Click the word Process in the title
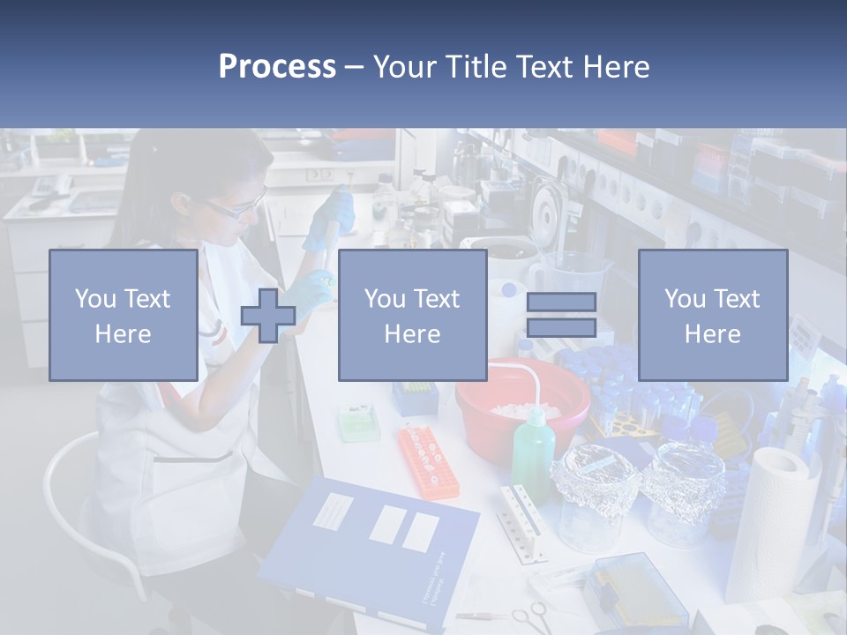tap(277, 66)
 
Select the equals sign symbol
tap(561, 315)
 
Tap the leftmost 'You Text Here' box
tap(124, 315)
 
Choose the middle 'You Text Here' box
tap(412, 315)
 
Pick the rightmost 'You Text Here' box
tap(712, 315)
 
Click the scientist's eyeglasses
tap(236, 209)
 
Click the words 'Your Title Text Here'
tap(511, 66)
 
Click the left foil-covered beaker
tap(588, 494)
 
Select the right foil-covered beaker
tap(683, 489)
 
